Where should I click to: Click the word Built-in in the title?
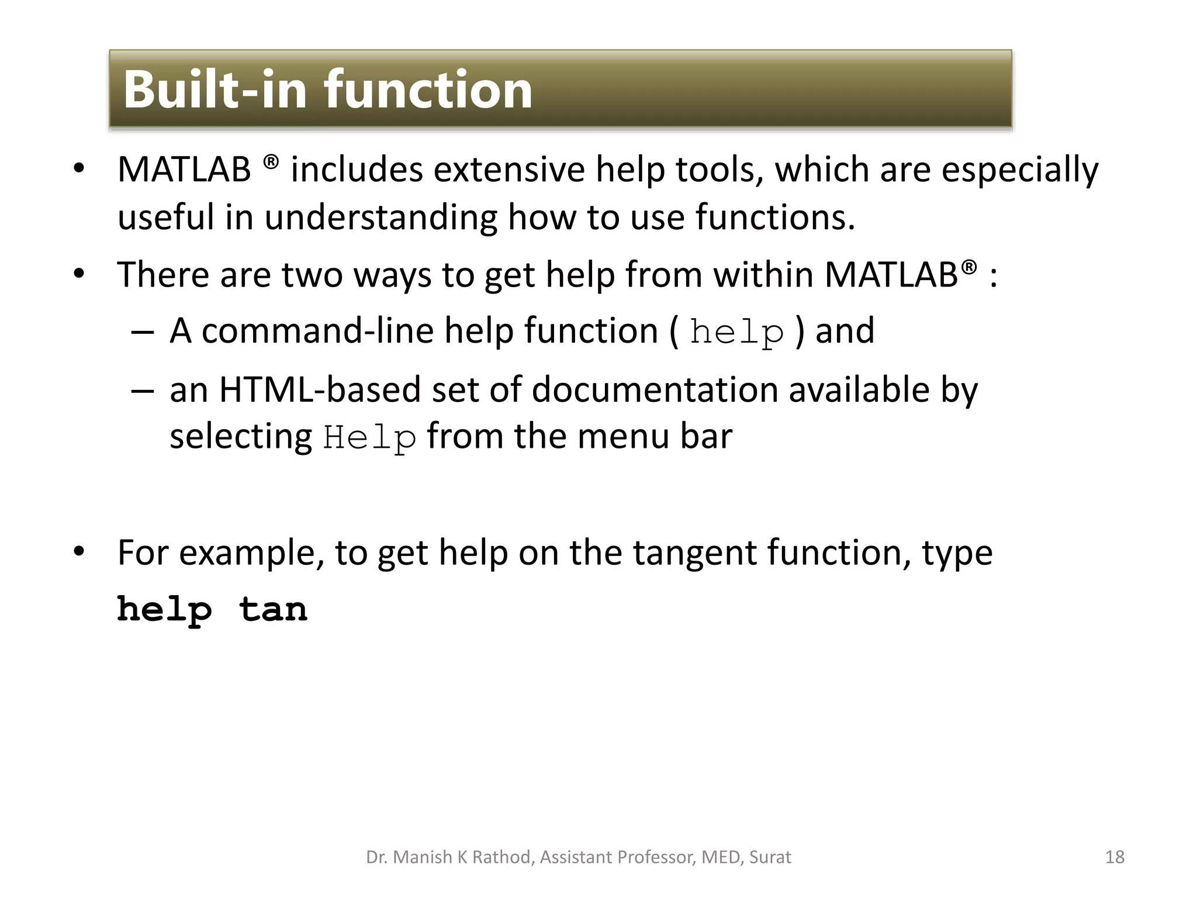pos(215,89)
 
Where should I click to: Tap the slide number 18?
pos(1115,857)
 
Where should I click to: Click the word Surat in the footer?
pos(770,857)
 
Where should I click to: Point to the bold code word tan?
pos(273,609)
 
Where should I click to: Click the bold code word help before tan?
pos(164,610)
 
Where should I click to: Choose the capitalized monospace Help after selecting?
pos(369,438)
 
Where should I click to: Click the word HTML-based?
pos(320,389)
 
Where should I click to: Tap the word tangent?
pos(694,552)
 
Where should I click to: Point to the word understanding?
pos(380,217)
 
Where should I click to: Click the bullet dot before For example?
pos(79,551)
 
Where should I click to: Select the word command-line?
pos(317,331)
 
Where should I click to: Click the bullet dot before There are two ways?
pos(79,274)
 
